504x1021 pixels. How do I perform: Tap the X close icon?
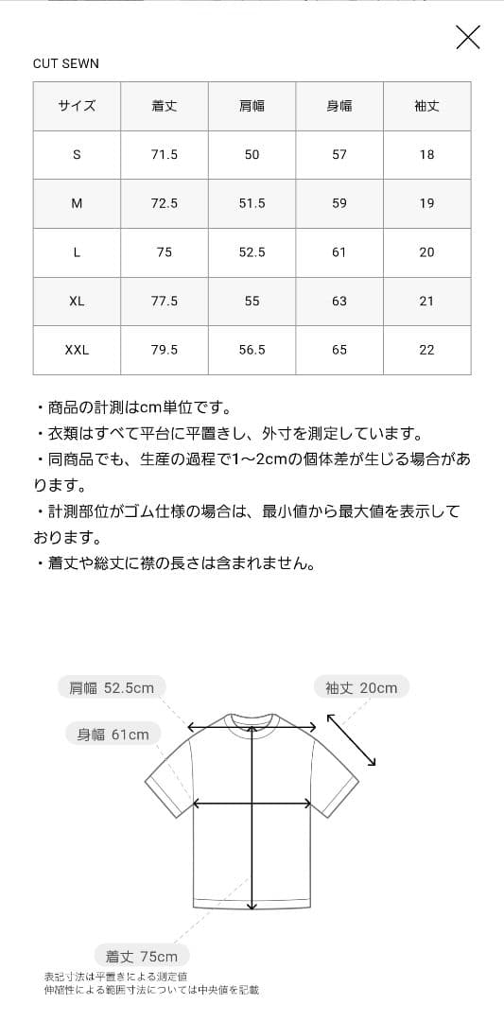468,37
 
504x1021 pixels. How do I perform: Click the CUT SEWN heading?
66,63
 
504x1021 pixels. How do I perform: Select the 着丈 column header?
165,106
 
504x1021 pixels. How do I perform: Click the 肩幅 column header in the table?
252,106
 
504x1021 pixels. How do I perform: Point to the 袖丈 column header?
426,106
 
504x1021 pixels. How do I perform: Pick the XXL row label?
77,350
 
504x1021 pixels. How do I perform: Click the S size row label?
77,154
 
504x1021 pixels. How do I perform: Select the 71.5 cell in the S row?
165,154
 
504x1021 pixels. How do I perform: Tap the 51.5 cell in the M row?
252,203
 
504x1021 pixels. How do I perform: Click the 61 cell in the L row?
339,252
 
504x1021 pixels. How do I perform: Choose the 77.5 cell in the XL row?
165,301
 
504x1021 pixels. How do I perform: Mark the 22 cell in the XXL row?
426,350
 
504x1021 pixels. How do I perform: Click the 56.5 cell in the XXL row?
252,350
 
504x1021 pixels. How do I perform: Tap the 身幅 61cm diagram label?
113,734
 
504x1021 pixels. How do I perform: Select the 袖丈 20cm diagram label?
361,687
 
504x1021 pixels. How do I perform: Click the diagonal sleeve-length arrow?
352,739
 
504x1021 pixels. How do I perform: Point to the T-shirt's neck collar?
252,718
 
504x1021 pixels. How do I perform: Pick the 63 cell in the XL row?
339,301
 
